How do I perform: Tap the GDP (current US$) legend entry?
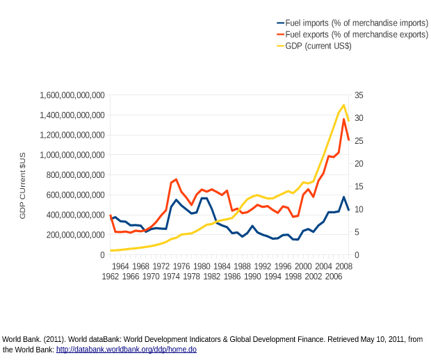tap(318, 46)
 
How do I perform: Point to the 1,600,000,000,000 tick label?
tap(72, 95)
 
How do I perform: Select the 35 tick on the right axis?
tap(359, 95)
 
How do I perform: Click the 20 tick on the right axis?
tap(359, 164)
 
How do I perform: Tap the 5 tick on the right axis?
tap(357, 232)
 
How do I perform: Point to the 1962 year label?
tap(111, 277)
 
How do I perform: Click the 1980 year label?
tap(202, 266)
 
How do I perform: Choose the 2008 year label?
tap(344, 266)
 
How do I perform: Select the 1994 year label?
tap(273, 277)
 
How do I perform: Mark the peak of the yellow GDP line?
tap(343, 105)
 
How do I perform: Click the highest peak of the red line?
tap(343, 120)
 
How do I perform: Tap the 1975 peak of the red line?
tap(177, 179)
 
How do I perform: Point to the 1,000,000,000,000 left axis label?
tap(72, 155)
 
